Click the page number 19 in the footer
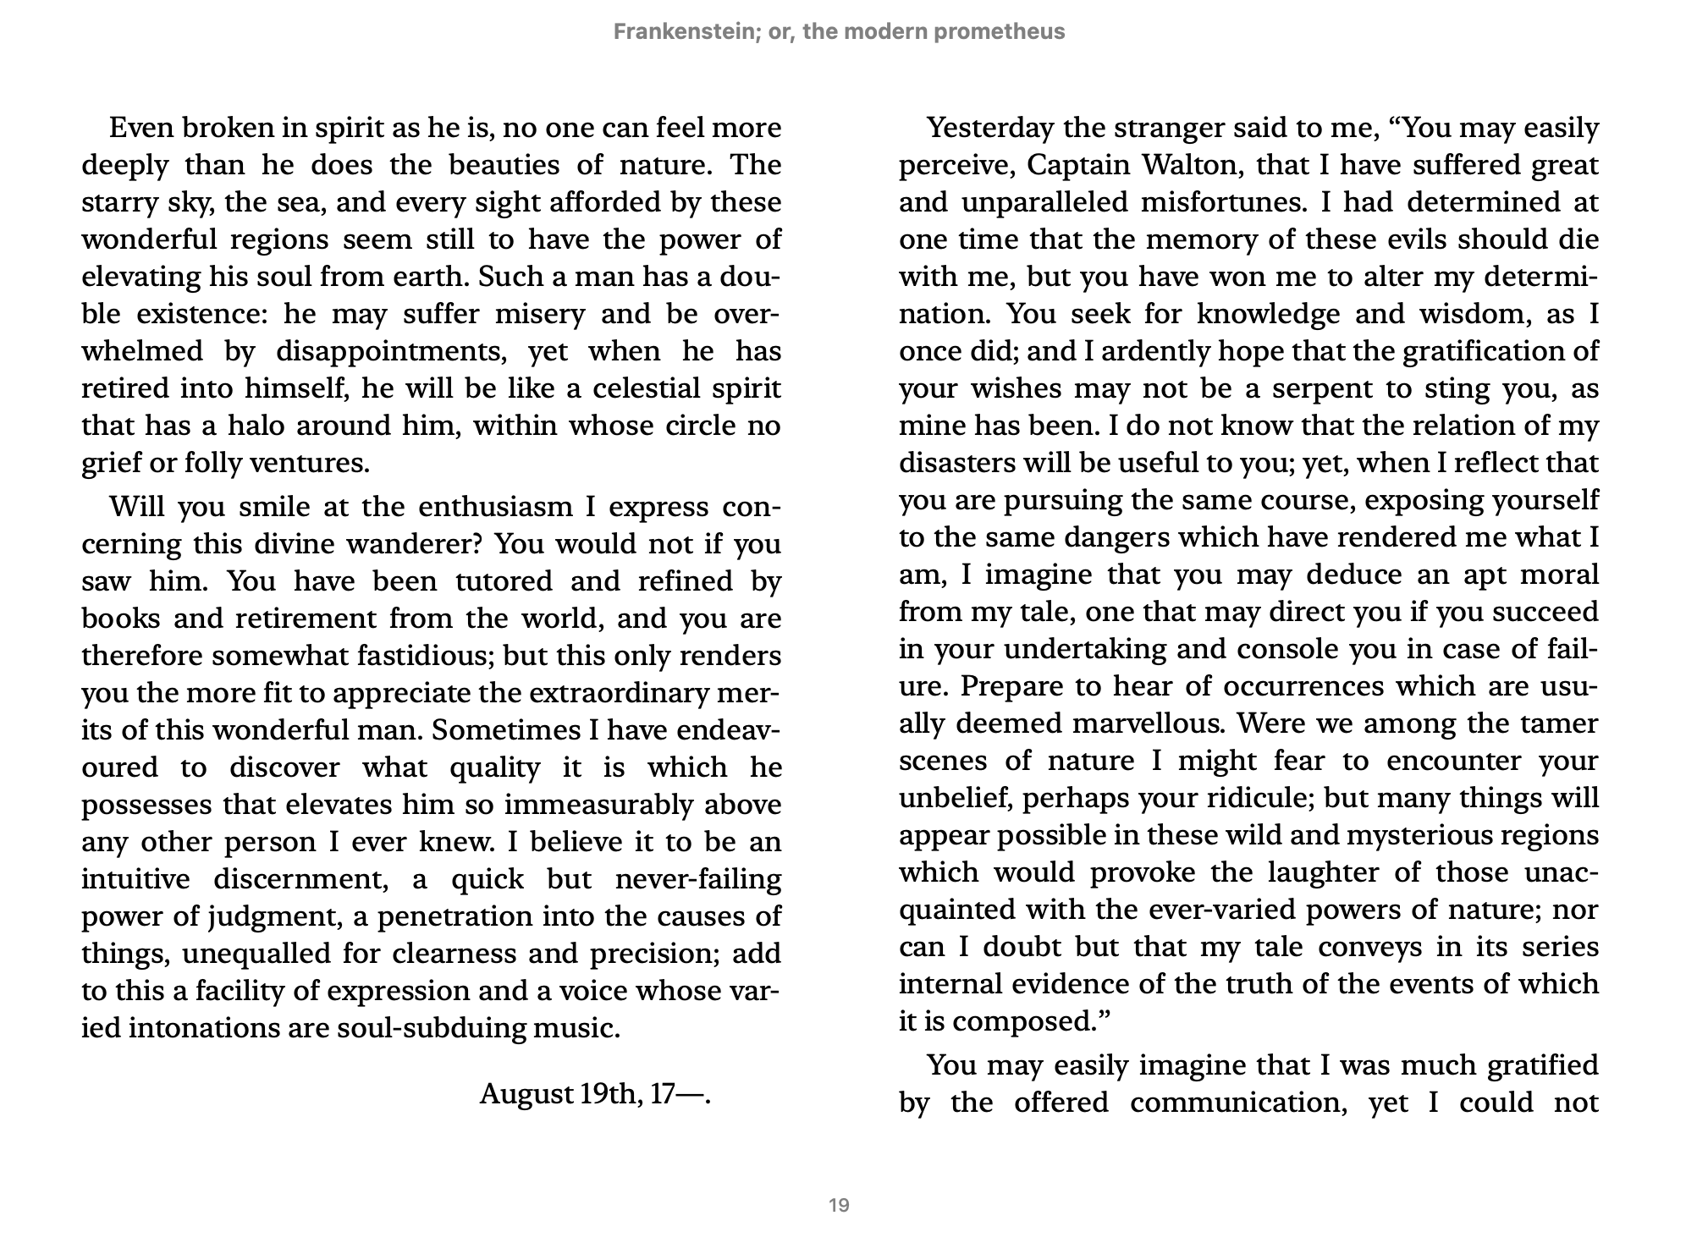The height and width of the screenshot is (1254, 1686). coord(839,1205)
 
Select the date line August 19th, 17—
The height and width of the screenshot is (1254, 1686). coord(595,1094)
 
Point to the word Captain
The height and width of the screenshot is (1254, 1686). coord(1076,165)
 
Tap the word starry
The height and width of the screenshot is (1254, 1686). coord(115,203)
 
